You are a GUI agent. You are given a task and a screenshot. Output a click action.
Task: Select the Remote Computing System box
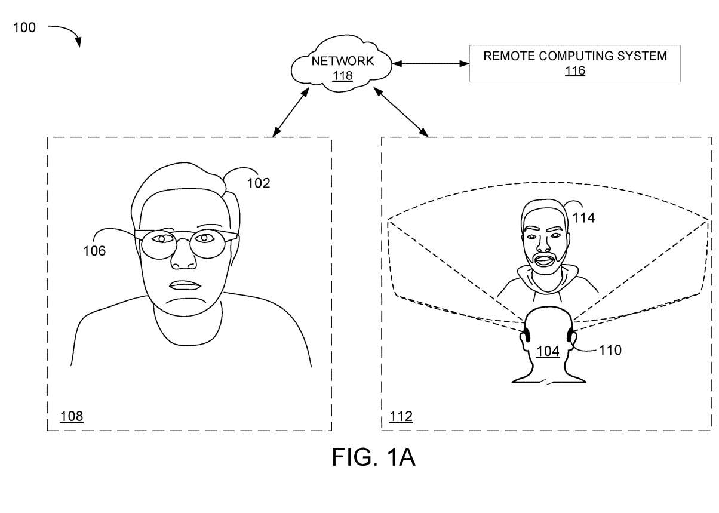click(574, 63)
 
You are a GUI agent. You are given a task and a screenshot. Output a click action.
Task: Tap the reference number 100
click(24, 27)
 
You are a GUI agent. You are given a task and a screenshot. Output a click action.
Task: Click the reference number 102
click(259, 183)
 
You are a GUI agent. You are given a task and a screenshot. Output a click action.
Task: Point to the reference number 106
click(94, 251)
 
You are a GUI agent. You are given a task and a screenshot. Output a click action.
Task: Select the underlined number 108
click(71, 416)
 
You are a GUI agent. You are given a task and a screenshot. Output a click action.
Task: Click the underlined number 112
click(400, 416)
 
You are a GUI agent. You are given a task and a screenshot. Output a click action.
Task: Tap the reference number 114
click(583, 218)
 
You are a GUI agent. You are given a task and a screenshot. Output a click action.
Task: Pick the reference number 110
click(610, 350)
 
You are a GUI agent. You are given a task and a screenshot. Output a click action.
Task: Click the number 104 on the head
click(547, 352)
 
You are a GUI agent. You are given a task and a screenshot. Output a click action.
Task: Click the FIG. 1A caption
click(373, 458)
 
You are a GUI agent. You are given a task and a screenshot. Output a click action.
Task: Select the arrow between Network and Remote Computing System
click(429, 63)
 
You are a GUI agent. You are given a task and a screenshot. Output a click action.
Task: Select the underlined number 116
click(574, 72)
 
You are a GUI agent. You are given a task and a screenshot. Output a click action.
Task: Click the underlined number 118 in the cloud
click(343, 76)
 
